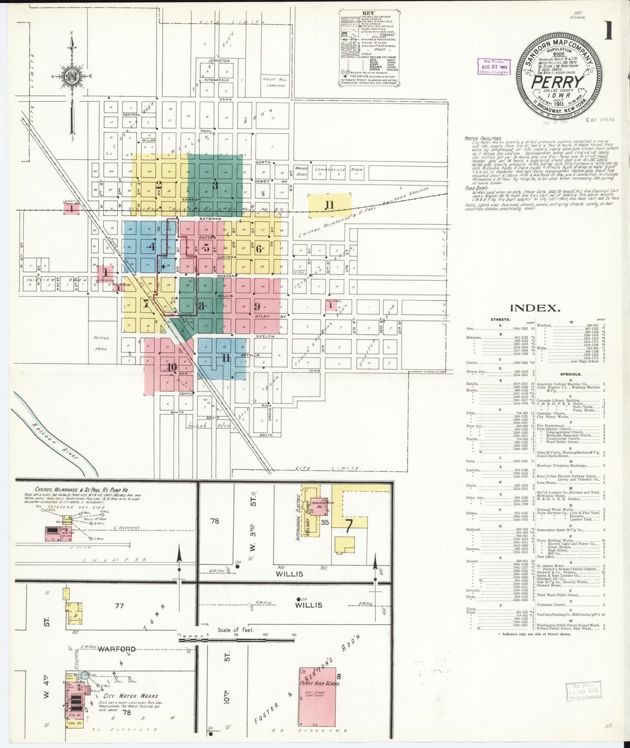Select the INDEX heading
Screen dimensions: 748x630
535,308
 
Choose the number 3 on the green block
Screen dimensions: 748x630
215,185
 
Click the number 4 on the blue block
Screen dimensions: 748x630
152,247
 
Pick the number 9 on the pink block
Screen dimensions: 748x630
257,306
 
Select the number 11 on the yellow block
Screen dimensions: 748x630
329,205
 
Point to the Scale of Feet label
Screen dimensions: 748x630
235,630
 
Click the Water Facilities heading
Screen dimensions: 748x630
483,138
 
